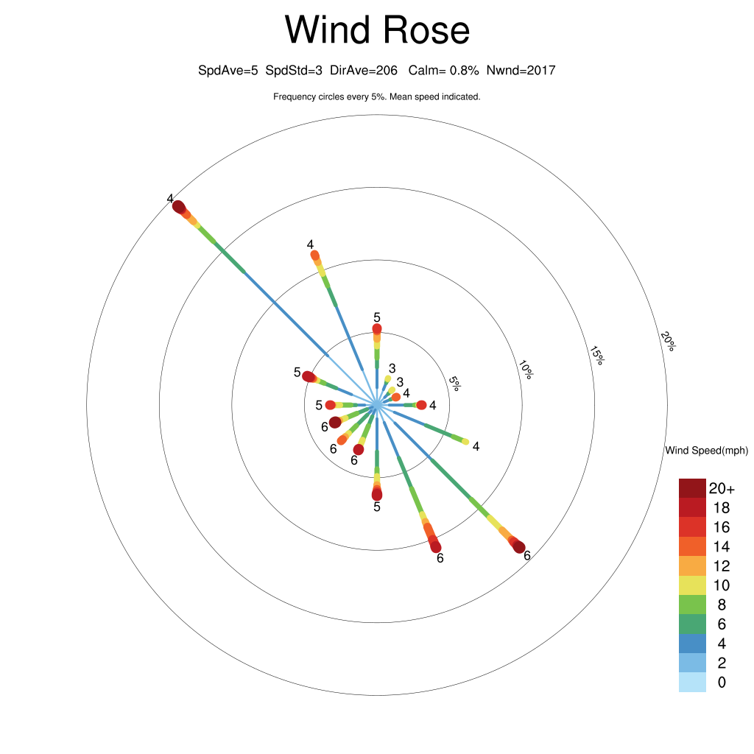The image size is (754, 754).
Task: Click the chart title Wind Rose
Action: (x=377, y=29)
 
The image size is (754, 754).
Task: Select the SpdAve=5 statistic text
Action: (x=228, y=71)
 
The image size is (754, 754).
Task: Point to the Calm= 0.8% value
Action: (x=443, y=71)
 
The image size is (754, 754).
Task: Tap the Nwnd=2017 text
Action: (x=521, y=71)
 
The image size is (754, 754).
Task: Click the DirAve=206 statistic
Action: (x=364, y=71)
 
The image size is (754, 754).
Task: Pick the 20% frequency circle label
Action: (x=667, y=341)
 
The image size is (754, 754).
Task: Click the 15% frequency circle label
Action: (x=596, y=356)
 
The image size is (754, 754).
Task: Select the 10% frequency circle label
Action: (x=526, y=370)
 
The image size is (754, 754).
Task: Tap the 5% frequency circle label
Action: (x=454, y=383)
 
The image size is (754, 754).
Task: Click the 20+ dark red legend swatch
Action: (x=692, y=488)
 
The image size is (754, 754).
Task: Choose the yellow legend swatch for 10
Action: (x=692, y=585)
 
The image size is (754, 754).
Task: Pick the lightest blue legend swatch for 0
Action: (x=692, y=683)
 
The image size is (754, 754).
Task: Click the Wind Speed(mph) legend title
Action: (x=706, y=451)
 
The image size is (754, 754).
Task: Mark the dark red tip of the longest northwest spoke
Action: (x=178, y=207)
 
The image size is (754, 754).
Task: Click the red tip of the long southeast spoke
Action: (x=518, y=547)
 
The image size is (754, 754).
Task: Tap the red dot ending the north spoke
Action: (x=377, y=329)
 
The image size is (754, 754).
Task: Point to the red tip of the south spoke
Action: (x=377, y=494)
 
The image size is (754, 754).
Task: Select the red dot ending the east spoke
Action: (x=421, y=405)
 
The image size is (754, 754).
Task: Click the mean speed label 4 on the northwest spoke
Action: (x=170, y=199)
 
